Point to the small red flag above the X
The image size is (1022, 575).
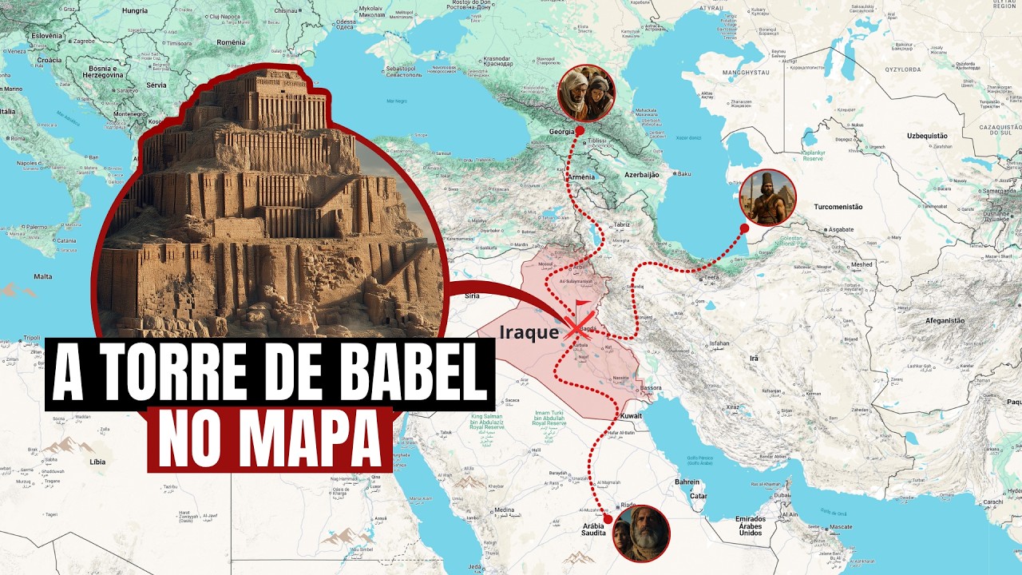(582, 307)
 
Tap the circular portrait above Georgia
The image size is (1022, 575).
(587, 93)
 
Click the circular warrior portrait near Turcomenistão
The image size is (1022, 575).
(767, 198)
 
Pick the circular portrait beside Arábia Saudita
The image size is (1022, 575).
(641, 533)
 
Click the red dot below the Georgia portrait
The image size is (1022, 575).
(580, 129)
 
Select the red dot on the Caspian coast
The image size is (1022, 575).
(744, 228)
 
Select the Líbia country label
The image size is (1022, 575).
(99, 462)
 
